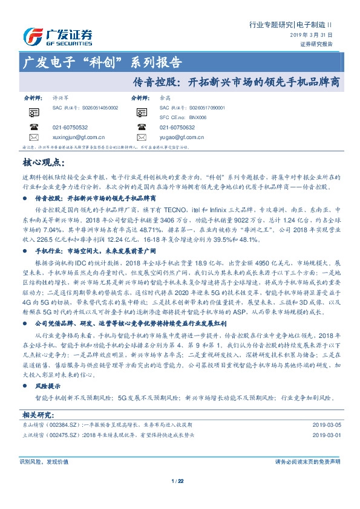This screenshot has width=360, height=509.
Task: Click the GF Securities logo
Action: click(57, 36)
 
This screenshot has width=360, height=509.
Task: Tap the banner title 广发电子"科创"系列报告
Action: click(102, 62)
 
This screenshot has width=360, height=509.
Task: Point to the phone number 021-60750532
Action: click(70, 128)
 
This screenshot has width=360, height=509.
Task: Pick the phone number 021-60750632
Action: click(177, 128)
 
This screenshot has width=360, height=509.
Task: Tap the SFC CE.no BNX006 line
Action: click(179, 117)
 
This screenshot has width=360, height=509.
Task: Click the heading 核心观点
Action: click(42, 162)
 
